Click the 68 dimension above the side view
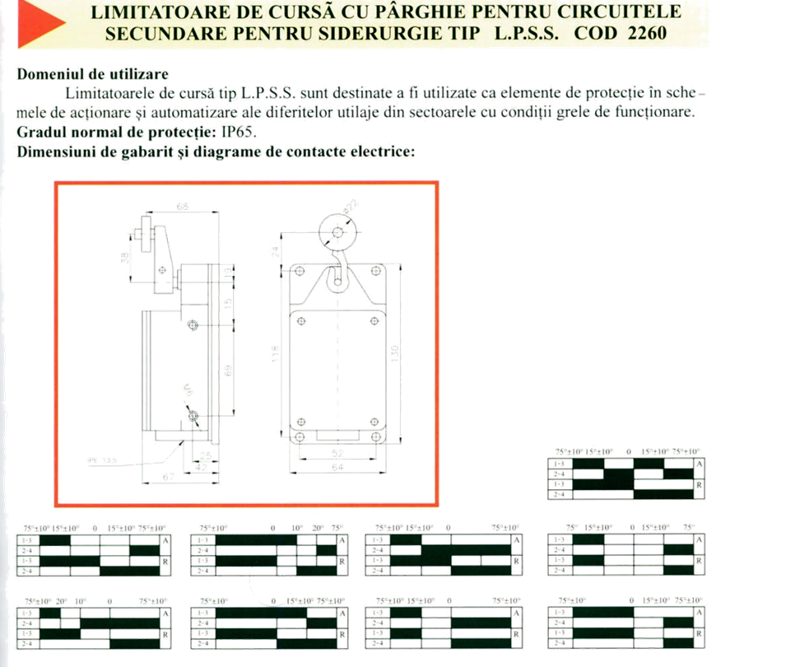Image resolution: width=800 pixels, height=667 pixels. (183, 207)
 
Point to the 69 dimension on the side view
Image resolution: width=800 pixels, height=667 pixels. (230, 371)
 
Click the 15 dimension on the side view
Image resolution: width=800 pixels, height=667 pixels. (230, 305)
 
